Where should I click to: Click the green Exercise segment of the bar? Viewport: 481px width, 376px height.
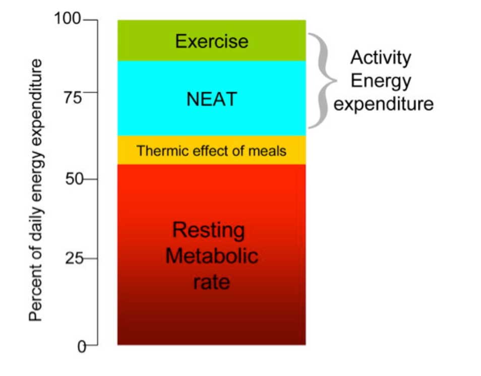pos(211,40)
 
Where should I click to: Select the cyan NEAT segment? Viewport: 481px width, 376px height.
pos(211,98)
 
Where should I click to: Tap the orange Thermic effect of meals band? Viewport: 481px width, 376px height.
pos(211,150)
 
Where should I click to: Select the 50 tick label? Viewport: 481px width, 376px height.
pos(74,179)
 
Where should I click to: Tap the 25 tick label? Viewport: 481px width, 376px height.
pos(74,259)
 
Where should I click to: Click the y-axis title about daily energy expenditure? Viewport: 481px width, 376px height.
pos(36,190)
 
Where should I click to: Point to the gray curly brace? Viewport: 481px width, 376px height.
pos(321,81)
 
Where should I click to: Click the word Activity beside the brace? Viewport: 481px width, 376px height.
pos(381,57)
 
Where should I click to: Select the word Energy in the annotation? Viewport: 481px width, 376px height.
pos(381,81)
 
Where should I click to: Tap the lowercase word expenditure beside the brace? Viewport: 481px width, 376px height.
pos(384,104)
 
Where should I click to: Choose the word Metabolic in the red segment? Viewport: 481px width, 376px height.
pos(212,256)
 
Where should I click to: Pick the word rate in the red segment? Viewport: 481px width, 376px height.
pos(211,281)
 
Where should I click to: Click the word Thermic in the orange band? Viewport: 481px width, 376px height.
pos(156,151)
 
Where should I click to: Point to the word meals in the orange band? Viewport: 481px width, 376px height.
pos(270,151)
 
